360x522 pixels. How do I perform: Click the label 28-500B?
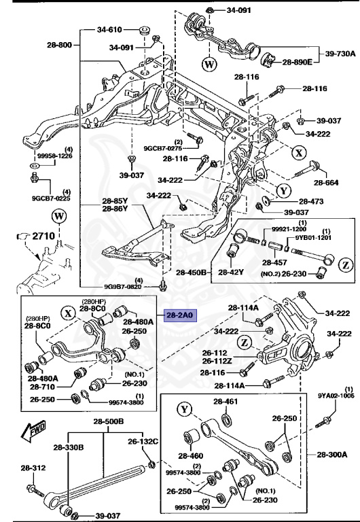(109, 421)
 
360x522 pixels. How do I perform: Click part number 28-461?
(226, 402)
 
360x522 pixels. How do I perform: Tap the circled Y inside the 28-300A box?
(185, 410)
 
